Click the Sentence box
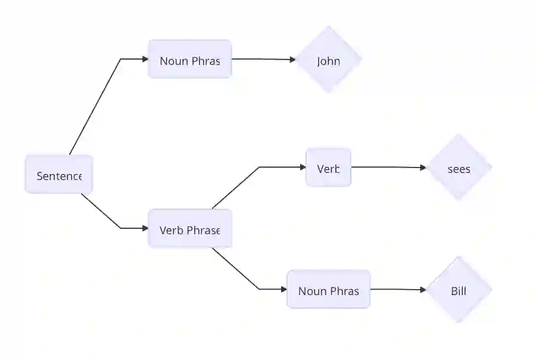point(58,175)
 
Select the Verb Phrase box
point(189,229)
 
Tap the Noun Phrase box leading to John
point(189,60)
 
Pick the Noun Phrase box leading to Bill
point(328,290)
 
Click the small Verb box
point(328,167)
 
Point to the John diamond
point(328,60)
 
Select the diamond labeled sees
point(459,168)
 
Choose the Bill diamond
point(459,290)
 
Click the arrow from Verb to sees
point(387,167)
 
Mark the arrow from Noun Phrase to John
point(262,59)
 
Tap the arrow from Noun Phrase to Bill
point(396,290)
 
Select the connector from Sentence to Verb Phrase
point(104,215)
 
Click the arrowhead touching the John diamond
point(292,60)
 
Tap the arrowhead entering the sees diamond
point(423,168)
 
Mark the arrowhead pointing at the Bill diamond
point(423,290)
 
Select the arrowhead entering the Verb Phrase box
point(145,228)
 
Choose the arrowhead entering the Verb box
point(303,167)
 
